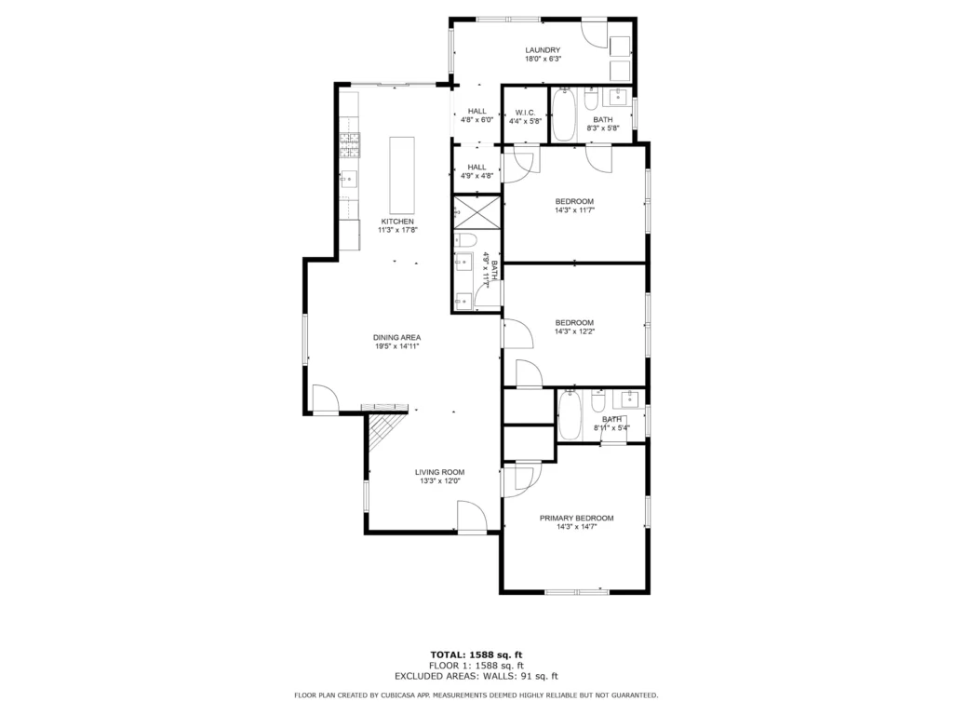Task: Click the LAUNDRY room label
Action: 543,50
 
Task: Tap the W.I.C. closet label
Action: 525,113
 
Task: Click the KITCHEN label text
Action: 397,222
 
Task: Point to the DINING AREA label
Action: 396,337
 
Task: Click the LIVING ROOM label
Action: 439,472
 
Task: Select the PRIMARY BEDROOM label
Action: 577,518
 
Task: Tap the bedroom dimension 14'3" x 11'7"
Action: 574,210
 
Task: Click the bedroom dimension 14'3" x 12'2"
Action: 574,332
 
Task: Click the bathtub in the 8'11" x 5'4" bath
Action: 570,416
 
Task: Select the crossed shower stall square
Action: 477,212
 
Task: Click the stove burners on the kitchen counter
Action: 350,145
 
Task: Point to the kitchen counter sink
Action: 349,180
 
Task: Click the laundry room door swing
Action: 595,34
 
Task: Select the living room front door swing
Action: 472,518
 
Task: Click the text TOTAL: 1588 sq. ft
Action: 476,654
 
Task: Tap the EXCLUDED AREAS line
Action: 476,676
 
